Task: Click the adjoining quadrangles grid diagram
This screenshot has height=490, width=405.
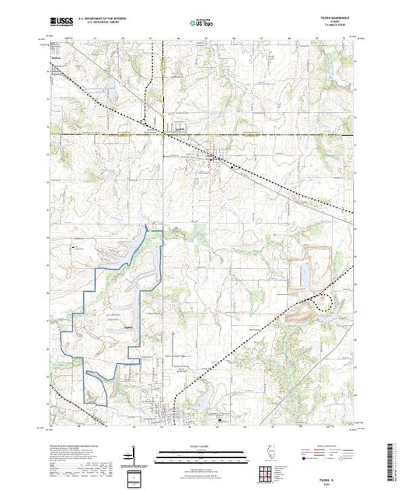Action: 267,472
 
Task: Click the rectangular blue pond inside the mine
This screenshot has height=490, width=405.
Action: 301,272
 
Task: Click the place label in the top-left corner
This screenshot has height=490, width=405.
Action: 55,57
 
